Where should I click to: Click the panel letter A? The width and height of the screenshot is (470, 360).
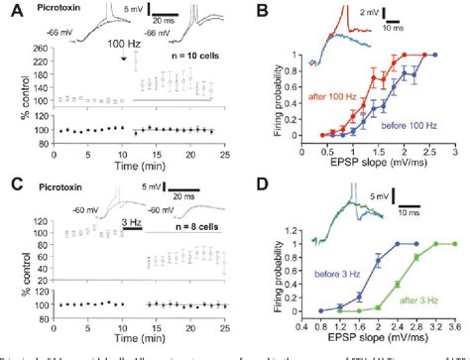pyautogui.click(x=8, y=10)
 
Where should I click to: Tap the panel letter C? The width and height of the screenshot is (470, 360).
pyautogui.click(x=8, y=181)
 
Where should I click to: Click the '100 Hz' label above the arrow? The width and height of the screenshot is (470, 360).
pyautogui.click(x=123, y=45)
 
